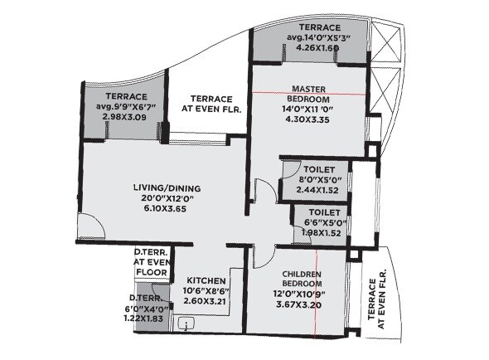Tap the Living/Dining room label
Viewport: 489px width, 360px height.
(x=166, y=187)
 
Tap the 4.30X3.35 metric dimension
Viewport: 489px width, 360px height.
(x=306, y=119)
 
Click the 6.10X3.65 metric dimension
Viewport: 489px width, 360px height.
(x=167, y=210)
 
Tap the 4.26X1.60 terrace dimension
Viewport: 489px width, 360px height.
(x=307, y=47)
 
